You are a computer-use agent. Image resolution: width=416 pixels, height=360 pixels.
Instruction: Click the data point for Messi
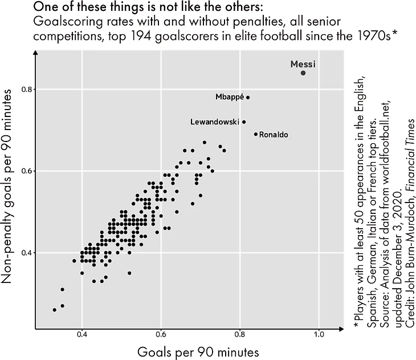pos(303,73)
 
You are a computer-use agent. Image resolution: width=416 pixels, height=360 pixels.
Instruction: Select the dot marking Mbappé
pos(248,98)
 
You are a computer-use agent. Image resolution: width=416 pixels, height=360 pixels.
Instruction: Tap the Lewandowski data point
pos(244,122)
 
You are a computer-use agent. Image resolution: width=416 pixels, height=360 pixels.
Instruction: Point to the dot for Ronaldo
pos(256,135)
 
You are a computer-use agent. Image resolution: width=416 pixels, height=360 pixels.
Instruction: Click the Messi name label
pos(303,64)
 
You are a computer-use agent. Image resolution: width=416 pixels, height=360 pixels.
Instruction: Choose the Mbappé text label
pos(230,97)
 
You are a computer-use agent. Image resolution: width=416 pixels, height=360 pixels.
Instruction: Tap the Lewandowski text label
pos(214,122)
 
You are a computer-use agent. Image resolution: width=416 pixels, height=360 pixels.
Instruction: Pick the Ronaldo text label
pos(274,135)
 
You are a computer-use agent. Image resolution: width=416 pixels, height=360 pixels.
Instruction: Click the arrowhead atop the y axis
pos(36,52)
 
